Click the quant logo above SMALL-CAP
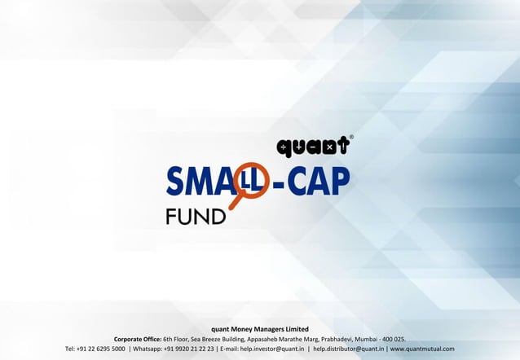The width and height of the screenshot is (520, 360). click(313, 147)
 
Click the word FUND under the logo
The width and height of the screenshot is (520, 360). click(196, 217)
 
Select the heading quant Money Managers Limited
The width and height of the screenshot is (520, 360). click(260, 328)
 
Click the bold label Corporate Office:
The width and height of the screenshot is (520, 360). click(138, 339)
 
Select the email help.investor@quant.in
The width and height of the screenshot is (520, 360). click(270, 349)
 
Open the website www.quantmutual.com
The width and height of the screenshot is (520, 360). click(422, 349)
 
